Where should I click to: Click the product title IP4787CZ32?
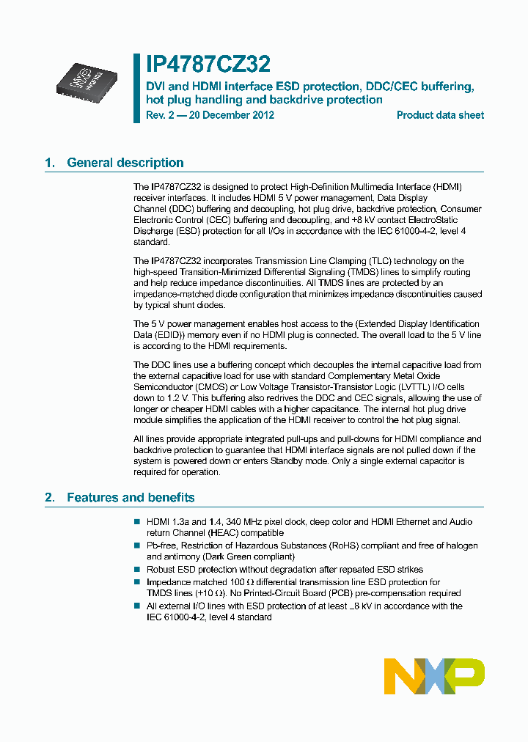tap(208, 65)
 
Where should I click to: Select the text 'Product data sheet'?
tap(440, 115)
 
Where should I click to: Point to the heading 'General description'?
tap(125, 163)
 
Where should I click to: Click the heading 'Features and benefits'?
tap(131, 497)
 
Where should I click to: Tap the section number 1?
tap(49, 163)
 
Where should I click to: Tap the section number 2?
tap(49, 497)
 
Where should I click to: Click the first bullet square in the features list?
tap(136, 522)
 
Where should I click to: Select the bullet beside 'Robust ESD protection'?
tap(136, 569)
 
